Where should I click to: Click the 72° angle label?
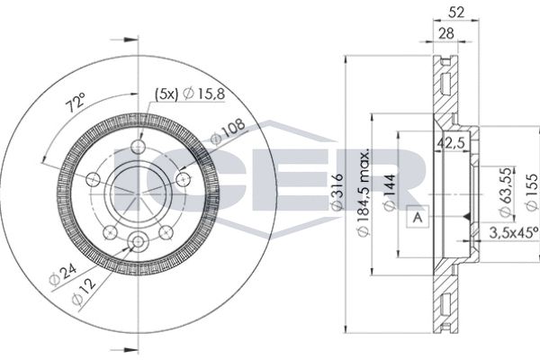coord(76,103)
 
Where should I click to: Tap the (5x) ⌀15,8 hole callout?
coord(190,94)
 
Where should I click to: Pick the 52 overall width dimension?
coord(456,13)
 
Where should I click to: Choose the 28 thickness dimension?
coord(446,33)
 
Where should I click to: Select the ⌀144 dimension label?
coord(390,193)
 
